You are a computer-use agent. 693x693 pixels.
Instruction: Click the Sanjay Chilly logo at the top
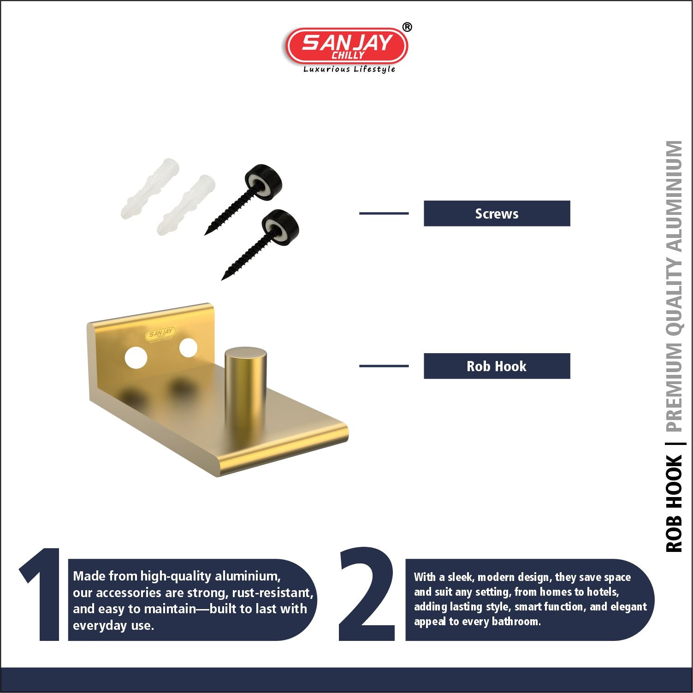(347, 46)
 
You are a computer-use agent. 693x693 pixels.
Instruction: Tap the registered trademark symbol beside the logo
(407, 27)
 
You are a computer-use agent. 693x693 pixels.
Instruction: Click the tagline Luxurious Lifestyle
(349, 69)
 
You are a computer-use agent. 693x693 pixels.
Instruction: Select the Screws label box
(497, 213)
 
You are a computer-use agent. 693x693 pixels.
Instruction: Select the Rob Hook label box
(497, 366)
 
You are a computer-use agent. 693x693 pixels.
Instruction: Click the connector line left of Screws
(384, 213)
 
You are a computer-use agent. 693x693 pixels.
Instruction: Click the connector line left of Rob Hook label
(384, 366)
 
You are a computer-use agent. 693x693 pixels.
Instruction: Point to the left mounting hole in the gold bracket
(136, 357)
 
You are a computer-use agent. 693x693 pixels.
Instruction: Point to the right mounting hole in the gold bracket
(188, 348)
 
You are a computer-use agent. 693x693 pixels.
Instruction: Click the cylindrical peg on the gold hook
(245, 383)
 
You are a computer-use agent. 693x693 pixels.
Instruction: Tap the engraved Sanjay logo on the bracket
(160, 333)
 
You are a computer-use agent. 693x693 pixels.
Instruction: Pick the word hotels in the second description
(602, 592)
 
